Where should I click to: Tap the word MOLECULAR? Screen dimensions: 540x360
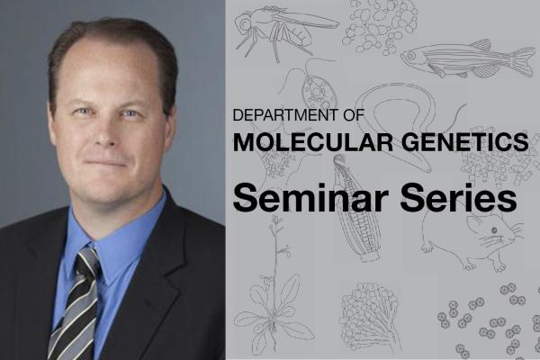313,141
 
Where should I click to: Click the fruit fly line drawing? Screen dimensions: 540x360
286,31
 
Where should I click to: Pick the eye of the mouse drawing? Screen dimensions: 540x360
494,230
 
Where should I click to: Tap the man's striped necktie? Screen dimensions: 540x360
76,304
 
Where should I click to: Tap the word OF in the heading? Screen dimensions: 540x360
354,115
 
